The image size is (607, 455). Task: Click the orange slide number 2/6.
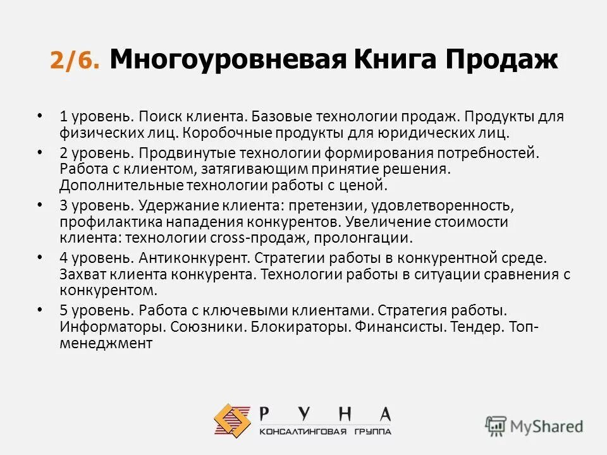click(74, 62)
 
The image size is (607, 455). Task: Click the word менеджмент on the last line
click(106, 344)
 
